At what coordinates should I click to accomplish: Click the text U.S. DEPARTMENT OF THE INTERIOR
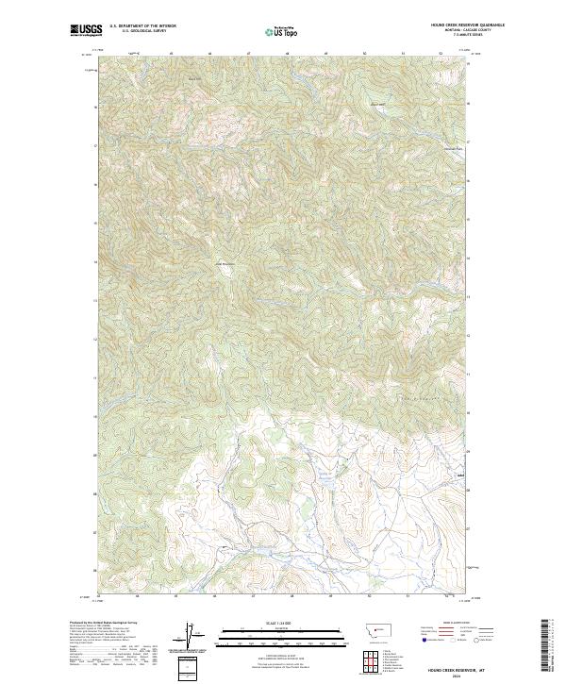(142, 26)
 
